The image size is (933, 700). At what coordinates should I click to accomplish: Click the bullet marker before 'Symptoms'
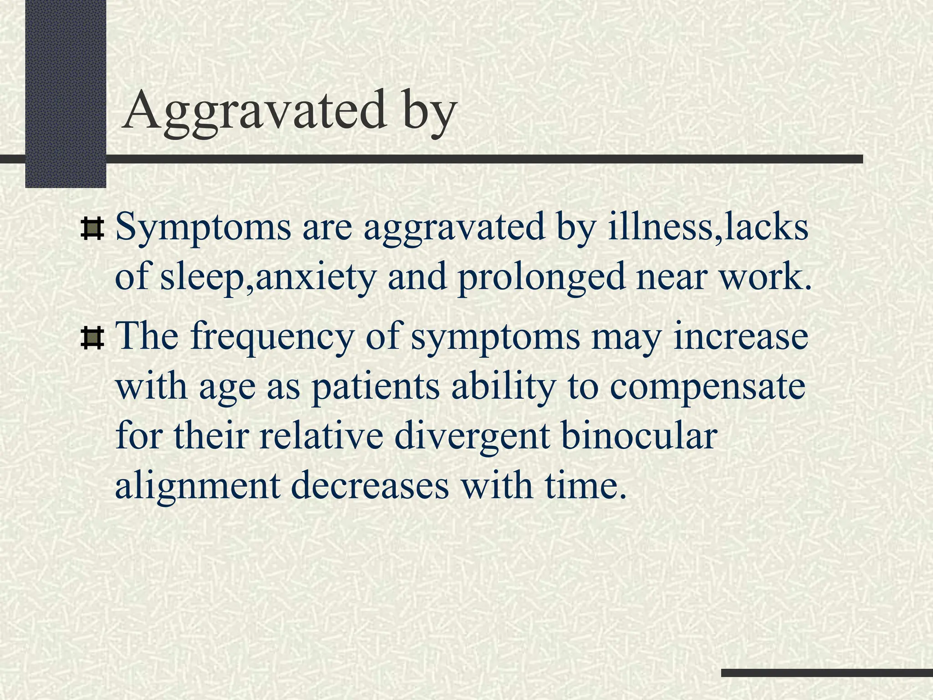92,229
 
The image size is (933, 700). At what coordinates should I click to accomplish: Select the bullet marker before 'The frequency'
92,339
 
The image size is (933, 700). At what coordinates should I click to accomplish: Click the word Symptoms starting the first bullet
203,228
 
